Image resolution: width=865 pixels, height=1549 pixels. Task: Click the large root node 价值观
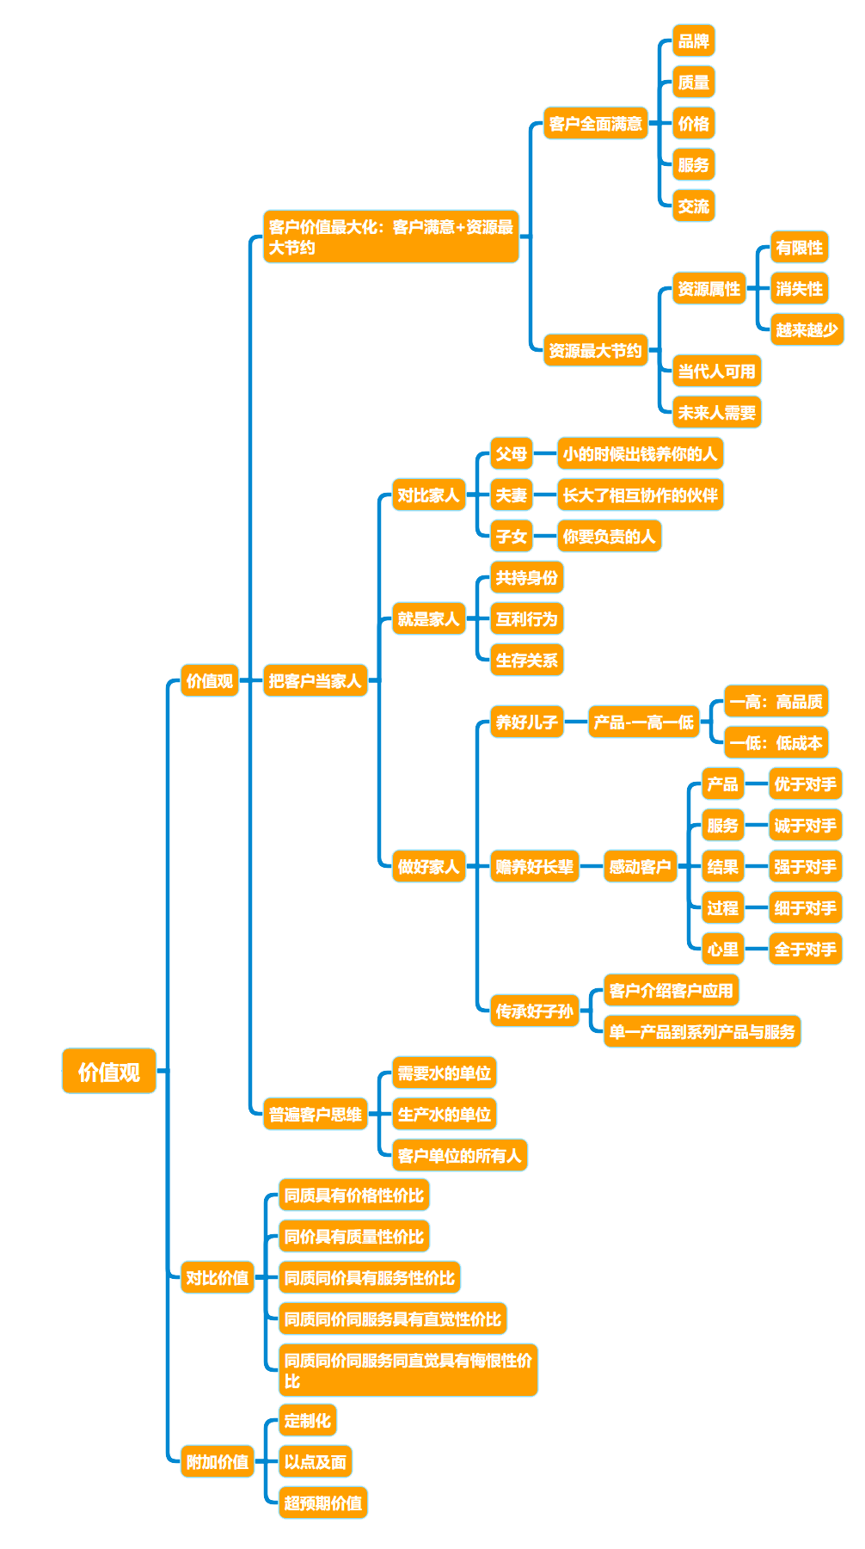(109, 1071)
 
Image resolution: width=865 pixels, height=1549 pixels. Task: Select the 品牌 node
(693, 41)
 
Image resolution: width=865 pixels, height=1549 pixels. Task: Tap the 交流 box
(693, 206)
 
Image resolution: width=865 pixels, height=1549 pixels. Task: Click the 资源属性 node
(709, 289)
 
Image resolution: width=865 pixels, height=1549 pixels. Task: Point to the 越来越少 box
(807, 330)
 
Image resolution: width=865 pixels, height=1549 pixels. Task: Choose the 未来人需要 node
(716, 413)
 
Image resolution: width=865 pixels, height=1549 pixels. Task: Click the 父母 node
(511, 454)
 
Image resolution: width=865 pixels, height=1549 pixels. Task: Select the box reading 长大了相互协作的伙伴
(640, 495)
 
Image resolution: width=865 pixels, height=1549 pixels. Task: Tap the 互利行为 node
(526, 619)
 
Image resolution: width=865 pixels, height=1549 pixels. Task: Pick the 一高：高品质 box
(776, 702)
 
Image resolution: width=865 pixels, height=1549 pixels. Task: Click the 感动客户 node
(640, 867)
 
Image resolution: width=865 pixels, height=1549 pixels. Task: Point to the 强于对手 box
(805, 867)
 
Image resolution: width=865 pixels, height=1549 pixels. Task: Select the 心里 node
(722, 950)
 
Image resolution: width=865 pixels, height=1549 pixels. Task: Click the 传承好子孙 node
(534, 1011)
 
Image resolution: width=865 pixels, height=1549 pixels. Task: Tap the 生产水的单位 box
(444, 1115)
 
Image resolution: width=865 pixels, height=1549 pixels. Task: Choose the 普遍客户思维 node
(315, 1115)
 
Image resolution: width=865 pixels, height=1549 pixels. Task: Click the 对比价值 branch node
(217, 1278)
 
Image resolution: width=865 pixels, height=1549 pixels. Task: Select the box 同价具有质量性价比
(353, 1237)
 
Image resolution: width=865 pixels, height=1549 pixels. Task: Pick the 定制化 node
(307, 1421)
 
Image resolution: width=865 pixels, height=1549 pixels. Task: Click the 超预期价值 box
(322, 1503)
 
